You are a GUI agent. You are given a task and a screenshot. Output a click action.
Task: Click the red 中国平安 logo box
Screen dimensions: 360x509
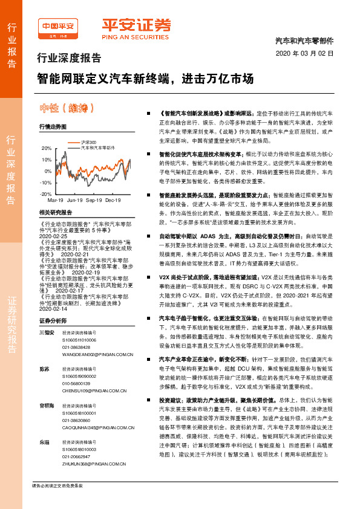[57, 27]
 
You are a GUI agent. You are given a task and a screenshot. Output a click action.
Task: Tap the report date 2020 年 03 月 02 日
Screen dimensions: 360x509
[304, 53]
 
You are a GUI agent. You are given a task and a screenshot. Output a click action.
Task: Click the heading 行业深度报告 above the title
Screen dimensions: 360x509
[70, 59]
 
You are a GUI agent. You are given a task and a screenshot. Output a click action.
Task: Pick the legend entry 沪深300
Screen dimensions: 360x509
[88, 141]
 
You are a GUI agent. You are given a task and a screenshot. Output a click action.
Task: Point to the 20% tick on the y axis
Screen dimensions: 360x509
[46, 148]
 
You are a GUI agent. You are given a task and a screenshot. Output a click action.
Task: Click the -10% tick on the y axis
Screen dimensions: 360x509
[46, 182]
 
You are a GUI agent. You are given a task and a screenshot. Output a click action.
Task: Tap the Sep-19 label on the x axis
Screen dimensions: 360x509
[94, 199]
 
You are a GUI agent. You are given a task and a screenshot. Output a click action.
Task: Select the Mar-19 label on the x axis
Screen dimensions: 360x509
[56, 199]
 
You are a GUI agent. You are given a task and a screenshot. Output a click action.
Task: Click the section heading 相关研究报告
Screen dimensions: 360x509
[55, 213]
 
